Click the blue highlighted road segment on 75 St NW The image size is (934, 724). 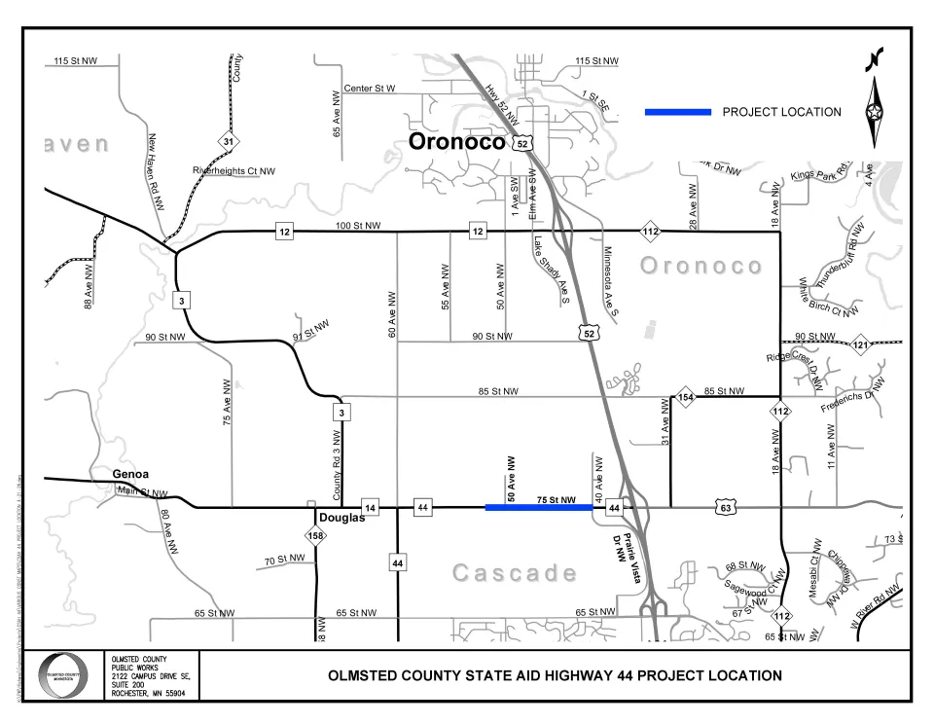(539, 507)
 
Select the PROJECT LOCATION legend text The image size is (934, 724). (781, 112)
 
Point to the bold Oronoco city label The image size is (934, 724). (456, 142)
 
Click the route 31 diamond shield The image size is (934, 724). (227, 142)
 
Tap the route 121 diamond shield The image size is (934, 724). (859, 345)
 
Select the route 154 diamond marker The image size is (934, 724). (685, 398)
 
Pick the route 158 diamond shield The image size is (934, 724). (316, 536)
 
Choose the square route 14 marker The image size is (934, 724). (370, 507)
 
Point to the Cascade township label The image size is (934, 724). (515, 573)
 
